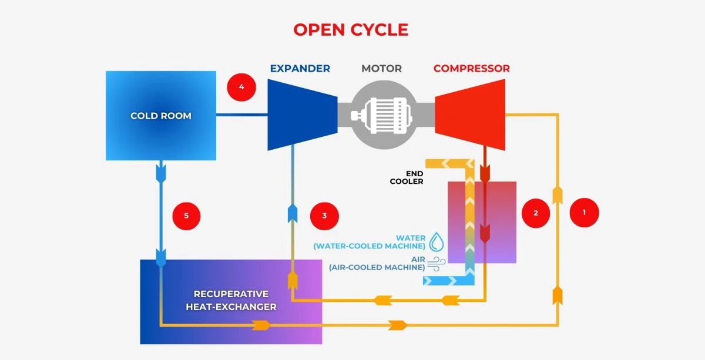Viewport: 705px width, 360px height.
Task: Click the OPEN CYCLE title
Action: (x=351, y=29)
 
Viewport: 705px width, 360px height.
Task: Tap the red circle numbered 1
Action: (x=584, y=213)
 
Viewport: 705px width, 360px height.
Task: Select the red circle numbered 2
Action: (x=535, y=213)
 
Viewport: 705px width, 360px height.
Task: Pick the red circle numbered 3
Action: (x=324, y=216)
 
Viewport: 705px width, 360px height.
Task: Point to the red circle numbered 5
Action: (x=186, y=216)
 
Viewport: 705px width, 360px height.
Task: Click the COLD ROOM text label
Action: (x=160, y=116)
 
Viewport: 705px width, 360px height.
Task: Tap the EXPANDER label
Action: (x=300, y=69)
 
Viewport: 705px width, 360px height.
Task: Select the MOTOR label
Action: (x=381, y=69)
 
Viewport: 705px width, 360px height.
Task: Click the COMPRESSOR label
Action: (x=471, y=69)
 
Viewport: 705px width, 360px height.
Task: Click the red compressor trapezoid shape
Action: (x=471, y=115)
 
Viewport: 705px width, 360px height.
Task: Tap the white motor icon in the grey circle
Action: (x=382, y=116)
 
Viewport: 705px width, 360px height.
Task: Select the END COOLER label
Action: (x=407, y=177)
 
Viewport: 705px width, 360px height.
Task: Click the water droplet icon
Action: (x=437, y=242)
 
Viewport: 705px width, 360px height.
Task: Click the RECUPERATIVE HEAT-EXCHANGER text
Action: (x=231, y=300)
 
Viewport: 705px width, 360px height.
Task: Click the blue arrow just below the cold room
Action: (x=160, y=173)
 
